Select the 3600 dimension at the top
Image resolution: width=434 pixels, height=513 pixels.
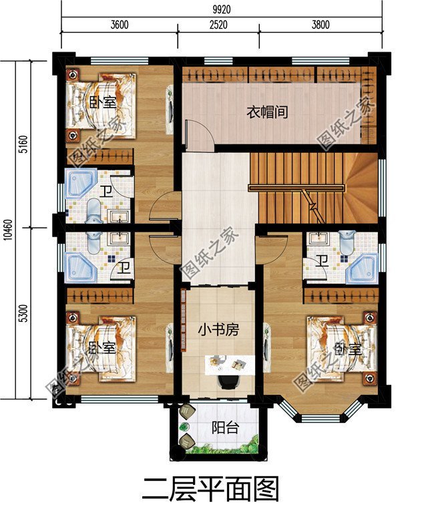pos(120,26)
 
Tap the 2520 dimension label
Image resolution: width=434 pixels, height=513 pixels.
pos(218,26)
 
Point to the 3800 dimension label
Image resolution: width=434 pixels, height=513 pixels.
pos(320,26)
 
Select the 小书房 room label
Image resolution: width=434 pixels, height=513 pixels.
pos(217,329)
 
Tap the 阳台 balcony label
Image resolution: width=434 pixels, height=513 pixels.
pos(222,428)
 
